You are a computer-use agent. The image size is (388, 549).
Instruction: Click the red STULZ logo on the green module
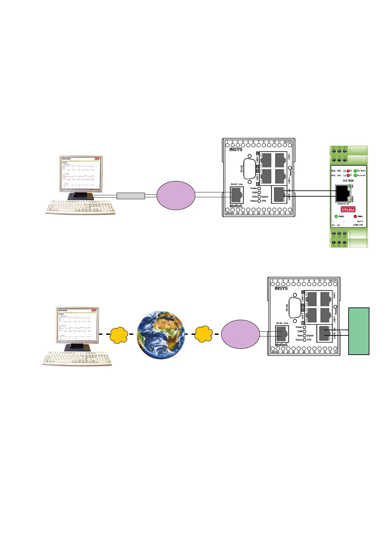tap(348, 209)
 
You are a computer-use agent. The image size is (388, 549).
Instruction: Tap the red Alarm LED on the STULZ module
tap(355, 216)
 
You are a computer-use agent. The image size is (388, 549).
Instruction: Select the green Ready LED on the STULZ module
tap(336, 216)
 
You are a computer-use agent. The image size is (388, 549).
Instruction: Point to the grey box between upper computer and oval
tap(131, 196)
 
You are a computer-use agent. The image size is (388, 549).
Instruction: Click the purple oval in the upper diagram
tap(176, 195)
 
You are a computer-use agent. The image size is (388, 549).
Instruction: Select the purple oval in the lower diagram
tap(240, 334)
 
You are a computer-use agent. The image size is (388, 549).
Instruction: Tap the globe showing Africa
tap(161, 335)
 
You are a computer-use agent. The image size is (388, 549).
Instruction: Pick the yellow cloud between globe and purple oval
tap(204, 334)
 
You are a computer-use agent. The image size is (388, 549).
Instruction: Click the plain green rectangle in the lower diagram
tap(359, 331)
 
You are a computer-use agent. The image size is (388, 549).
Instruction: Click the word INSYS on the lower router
tap(281, 288)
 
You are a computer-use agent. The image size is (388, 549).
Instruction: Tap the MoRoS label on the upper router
tap(236, 206)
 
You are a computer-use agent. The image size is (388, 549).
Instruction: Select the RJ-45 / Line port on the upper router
tap(237, 195)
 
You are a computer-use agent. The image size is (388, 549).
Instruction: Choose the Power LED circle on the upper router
tap(259, 188)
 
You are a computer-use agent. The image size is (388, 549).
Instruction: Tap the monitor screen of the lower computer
tap(78, 324)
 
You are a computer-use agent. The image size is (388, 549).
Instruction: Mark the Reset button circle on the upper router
tap(290, 168)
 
